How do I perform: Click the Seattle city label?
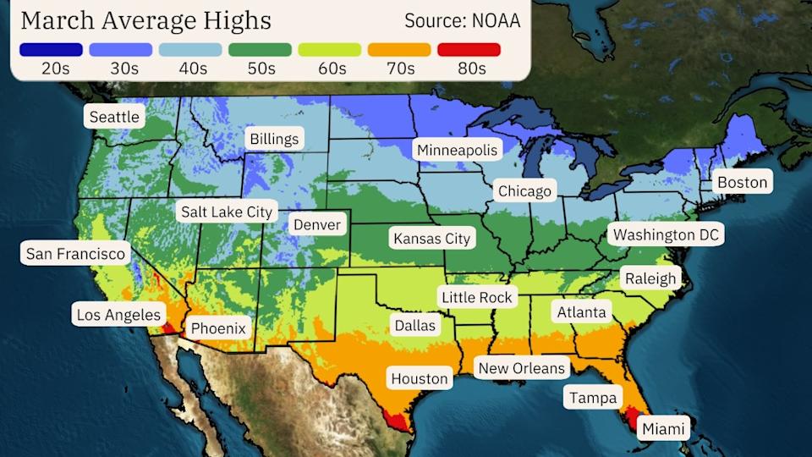[114, 117]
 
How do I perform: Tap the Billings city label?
[273, 139]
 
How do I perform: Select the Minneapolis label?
[458, 150]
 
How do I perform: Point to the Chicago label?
[524, 191]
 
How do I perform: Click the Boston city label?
[742, 182]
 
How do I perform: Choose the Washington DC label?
[666, 234]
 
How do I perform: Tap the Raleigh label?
[650, 278]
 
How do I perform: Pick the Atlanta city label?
[581, 312]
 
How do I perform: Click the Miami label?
[663, 429]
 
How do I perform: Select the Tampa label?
[593, 397]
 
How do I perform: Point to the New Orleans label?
[521, 368]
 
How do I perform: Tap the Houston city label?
[419, 378]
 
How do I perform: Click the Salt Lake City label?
[226, 212]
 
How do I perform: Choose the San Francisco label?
[75, 253]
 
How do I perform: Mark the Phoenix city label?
[217, 328]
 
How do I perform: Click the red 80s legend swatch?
[469, 50]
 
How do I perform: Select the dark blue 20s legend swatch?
[51, 50]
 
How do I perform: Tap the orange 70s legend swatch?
[399, 50]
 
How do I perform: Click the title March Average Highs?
[145, 20]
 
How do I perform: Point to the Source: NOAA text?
[462, 20]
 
